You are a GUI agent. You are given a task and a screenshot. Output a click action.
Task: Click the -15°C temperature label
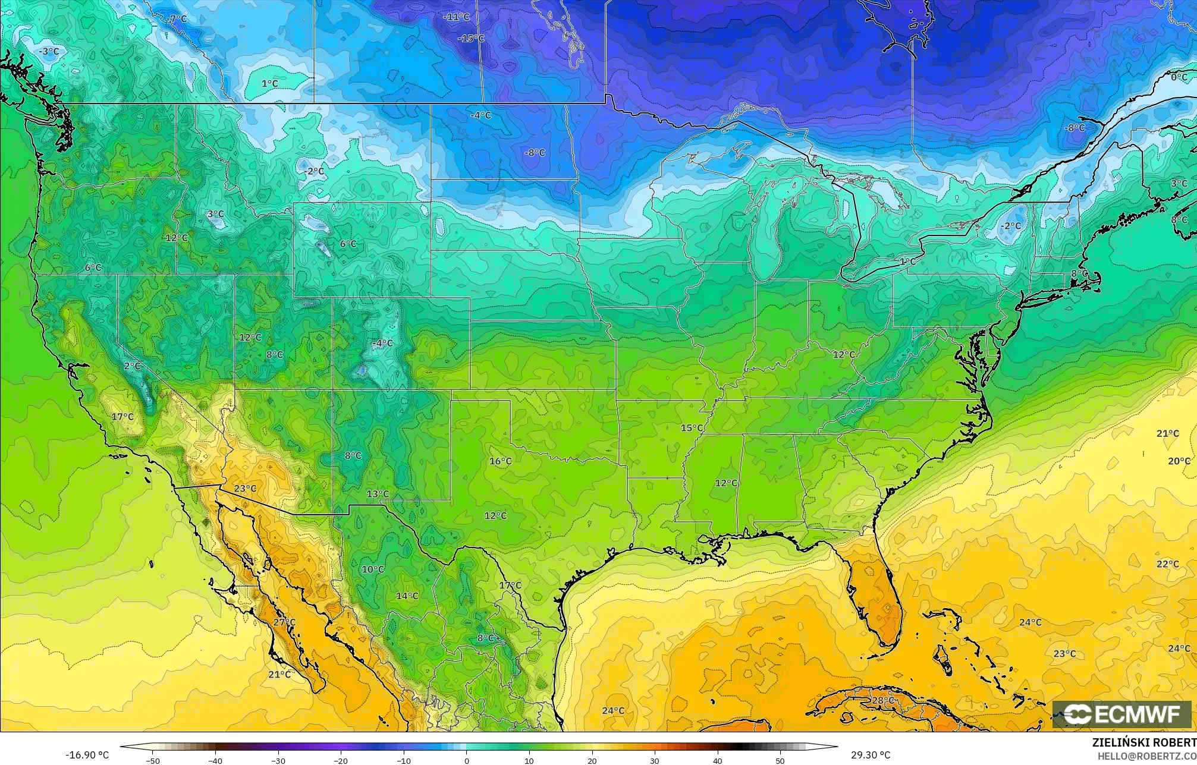coord(471,38)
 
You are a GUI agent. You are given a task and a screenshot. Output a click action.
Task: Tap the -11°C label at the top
coord(456,17)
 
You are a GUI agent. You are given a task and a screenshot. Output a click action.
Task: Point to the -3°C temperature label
coord(49,52)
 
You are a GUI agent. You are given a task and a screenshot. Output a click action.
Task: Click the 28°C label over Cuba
coord(882,700)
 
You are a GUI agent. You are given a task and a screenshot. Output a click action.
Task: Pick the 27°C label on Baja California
coord(284,622)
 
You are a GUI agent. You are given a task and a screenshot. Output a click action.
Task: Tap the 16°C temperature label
coord(500,461)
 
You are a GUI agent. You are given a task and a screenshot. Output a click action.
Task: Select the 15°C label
coord(692,428)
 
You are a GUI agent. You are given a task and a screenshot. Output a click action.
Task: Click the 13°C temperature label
coord(378,494)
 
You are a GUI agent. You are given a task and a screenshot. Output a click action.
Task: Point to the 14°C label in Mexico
coord(407,596)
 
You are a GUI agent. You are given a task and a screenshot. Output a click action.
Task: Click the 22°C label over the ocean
coord(1167,564)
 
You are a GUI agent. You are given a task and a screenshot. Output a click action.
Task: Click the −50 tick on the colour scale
coord(153,761)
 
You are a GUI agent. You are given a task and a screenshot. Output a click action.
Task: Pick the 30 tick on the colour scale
coord(655,761)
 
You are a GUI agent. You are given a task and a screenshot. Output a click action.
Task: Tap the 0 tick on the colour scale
coord(467,761)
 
